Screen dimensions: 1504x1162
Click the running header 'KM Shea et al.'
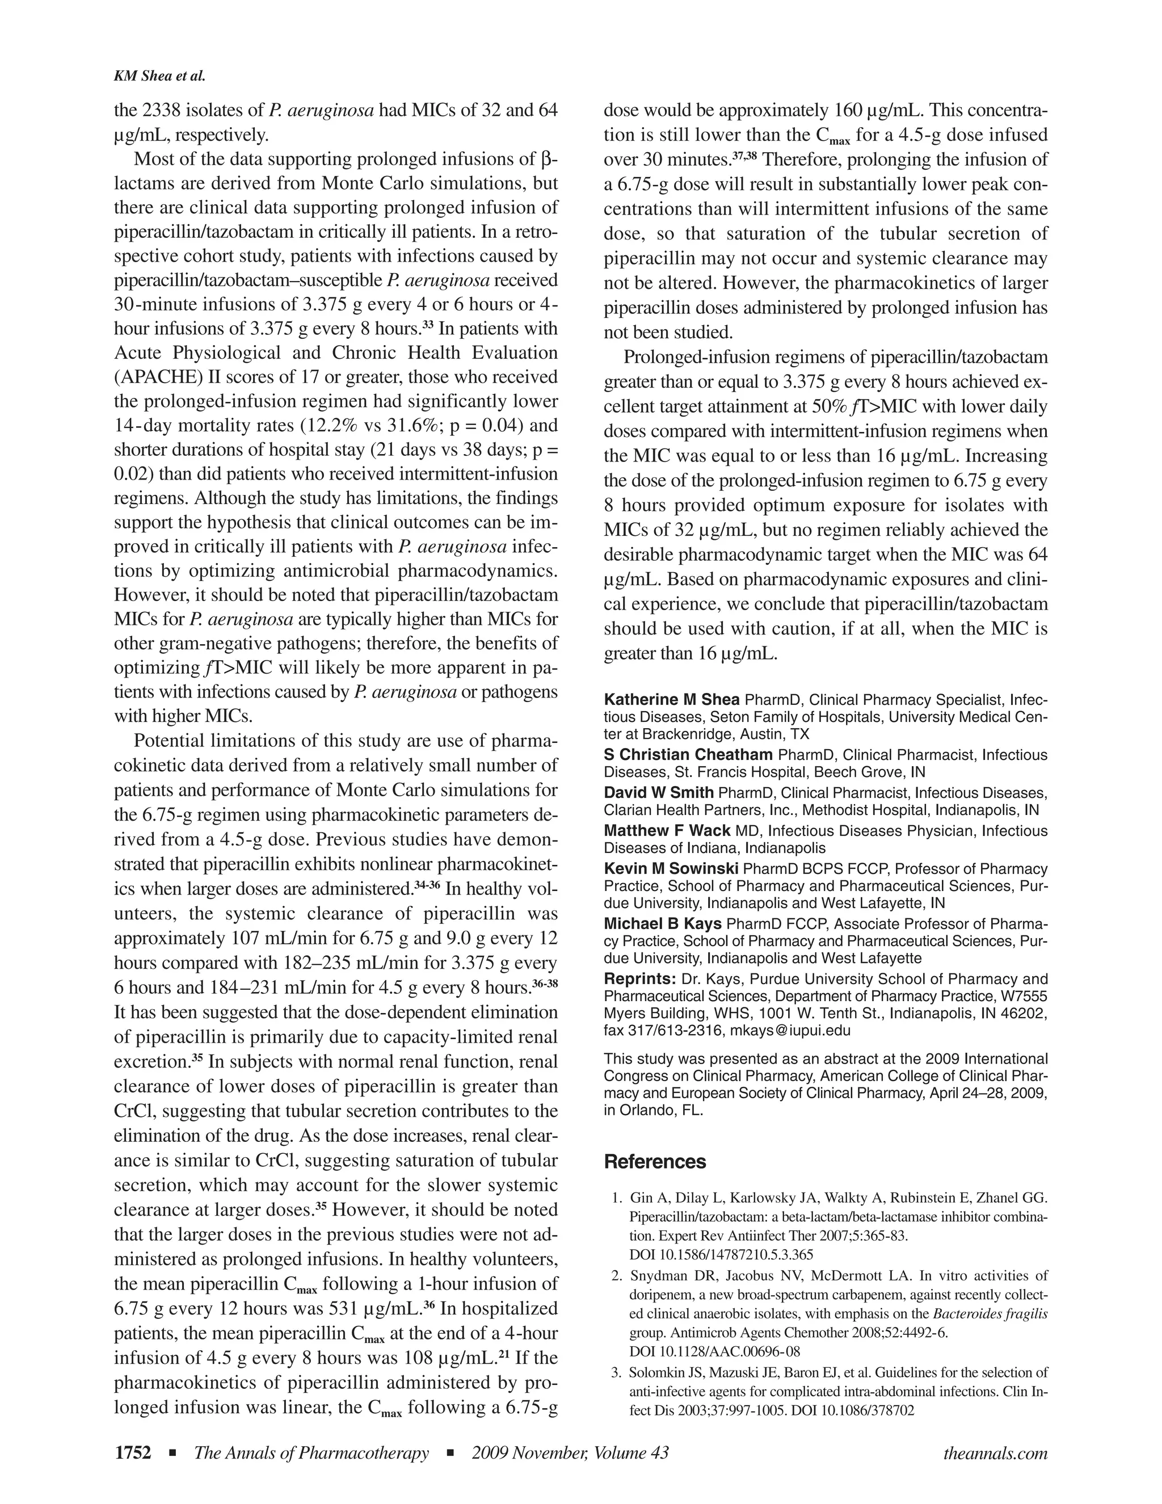point(159,77)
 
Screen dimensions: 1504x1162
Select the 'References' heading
point(655,1162)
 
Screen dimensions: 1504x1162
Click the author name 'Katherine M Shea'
point(671,700)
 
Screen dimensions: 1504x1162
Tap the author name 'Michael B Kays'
point(663,923)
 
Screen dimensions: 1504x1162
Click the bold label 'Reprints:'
point(639,978)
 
